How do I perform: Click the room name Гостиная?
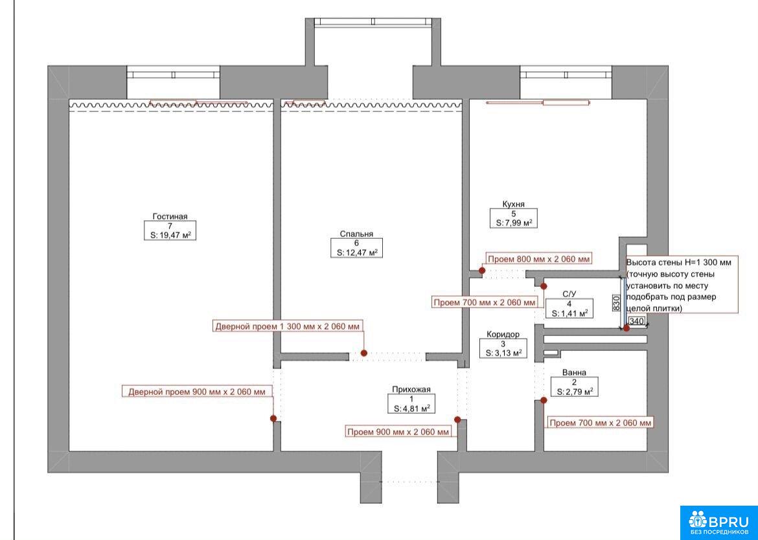170,216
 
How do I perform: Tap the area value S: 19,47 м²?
170,235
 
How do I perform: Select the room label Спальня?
356,234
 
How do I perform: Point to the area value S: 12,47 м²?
357,253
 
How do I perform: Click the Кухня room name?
513,205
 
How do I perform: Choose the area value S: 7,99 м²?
514,223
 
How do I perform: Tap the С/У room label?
569,294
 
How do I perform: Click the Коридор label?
503,334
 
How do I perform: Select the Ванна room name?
574,372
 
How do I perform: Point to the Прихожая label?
411,389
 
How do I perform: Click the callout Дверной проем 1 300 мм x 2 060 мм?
288,326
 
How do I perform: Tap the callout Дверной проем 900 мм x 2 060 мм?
197,392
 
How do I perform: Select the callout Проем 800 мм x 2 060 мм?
538,259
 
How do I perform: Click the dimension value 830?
616,303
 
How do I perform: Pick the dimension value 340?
637,321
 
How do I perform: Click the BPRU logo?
719,523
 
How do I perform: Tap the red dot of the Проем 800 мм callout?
482,271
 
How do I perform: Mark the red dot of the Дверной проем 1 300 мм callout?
364,353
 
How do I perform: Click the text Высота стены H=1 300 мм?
679,263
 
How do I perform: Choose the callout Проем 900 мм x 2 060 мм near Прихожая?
398,432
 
